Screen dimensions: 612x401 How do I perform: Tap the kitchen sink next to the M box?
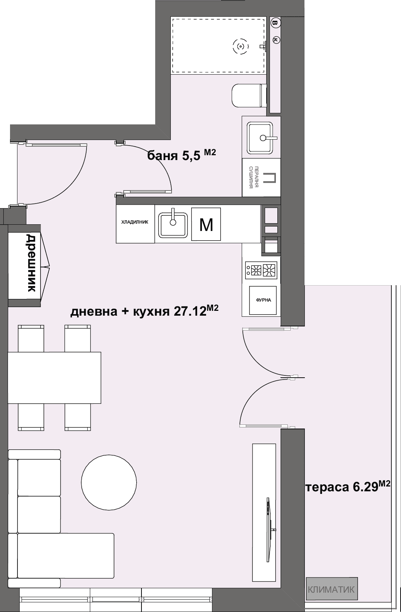[173, 225]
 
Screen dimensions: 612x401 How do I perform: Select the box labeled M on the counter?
[206, 224]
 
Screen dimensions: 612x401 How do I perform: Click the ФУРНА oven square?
[263, 300]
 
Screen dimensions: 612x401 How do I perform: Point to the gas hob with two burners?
[261, 270]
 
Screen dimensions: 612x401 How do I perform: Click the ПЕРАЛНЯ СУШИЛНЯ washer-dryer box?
[261, 178]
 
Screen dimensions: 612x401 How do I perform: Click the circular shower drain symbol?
[241, 47]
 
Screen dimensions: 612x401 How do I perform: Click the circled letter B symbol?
[275, 23]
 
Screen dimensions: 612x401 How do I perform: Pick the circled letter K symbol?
[276, 39]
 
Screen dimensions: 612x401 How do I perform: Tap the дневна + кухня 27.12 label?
[144, 310]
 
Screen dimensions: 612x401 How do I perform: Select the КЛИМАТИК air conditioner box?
[332, 589]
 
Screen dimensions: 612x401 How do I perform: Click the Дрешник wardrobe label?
[31, 263]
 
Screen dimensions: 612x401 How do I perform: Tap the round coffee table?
[109, 483]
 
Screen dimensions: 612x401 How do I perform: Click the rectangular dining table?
[54, 377]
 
